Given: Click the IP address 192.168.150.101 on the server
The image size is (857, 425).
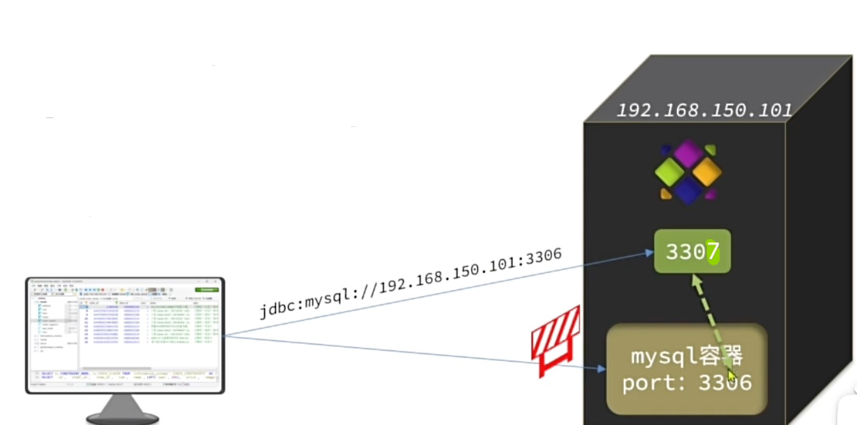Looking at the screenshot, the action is pyautogui.click(x=704, y=110).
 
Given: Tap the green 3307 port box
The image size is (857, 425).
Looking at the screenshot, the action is pyautogui.click(x=692, y=252).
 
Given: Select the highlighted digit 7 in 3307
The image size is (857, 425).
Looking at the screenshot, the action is pyautogui.click(x=713, y=252).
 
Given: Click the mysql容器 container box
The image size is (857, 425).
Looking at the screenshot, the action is pyautogui.click(x=687, y=369).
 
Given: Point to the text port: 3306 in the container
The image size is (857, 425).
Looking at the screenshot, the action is pyautogui.click(x=687, y=383).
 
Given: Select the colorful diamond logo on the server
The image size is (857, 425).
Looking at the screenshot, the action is pyautogui.click(x=689, y=172).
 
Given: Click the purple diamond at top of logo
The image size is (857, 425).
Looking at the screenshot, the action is pyautogui.click(x=689, y=153).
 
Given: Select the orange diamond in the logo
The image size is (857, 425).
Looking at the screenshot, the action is pyautogui.click(x=707, y=171).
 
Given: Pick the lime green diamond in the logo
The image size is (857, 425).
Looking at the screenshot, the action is pyautogui.click(x=670, y=172).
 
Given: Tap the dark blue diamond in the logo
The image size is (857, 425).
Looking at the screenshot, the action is pyautogui.click(x=689, y=190).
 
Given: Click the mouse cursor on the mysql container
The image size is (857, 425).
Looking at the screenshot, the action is pyautogui.click(x=732, y=377).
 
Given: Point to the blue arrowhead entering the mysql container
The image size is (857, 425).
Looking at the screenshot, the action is pyautogui.click(x=600, y=368).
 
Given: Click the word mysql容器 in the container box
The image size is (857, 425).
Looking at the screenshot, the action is pyautogui.click(x=687, y=356).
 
